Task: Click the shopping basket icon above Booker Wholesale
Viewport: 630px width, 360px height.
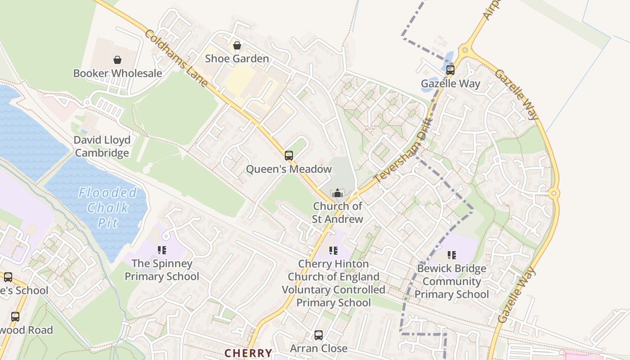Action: pos(117,60)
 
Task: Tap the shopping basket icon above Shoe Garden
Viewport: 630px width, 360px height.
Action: pos(237,45)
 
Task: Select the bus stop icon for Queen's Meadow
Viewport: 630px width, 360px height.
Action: pos(289,156)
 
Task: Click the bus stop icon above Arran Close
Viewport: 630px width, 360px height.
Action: pos(319,335)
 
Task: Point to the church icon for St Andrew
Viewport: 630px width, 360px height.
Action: pos(337,193)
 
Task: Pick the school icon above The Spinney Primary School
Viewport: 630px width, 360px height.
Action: pos(162,250)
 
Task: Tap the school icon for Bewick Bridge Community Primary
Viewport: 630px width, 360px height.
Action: pos(452,255)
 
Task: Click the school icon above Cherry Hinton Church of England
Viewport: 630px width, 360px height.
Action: pos(333,250)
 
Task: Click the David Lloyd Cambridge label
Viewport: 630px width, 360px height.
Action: pos(102,146)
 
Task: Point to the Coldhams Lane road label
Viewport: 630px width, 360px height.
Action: pos(176,58)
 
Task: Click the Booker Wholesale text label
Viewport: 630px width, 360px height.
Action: pos(117,73)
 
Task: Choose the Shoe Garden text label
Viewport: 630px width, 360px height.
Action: pos(237,58)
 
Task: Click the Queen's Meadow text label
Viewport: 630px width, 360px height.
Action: pos(289,169)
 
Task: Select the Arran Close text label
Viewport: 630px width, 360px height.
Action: pos(319,348)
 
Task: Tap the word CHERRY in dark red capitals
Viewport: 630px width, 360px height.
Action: pos(248,353)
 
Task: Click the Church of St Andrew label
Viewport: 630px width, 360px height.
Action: pos(337,212)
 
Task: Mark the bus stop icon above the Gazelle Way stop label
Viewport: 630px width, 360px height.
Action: pos(450,70)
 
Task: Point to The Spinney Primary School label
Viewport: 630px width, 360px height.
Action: pos(162,270)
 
